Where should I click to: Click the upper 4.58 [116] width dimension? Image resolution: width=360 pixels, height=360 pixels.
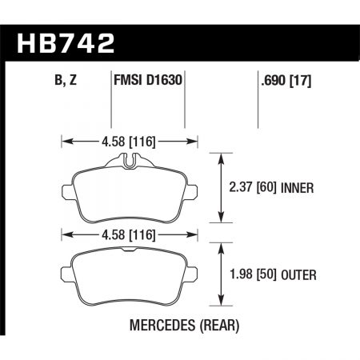tap(131, 144)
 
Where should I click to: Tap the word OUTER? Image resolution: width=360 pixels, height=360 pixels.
tap(298, 276)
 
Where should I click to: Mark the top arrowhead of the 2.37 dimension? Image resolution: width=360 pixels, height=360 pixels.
tap(220, 156)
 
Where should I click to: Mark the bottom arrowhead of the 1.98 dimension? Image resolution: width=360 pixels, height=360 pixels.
tap(220, 304)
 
